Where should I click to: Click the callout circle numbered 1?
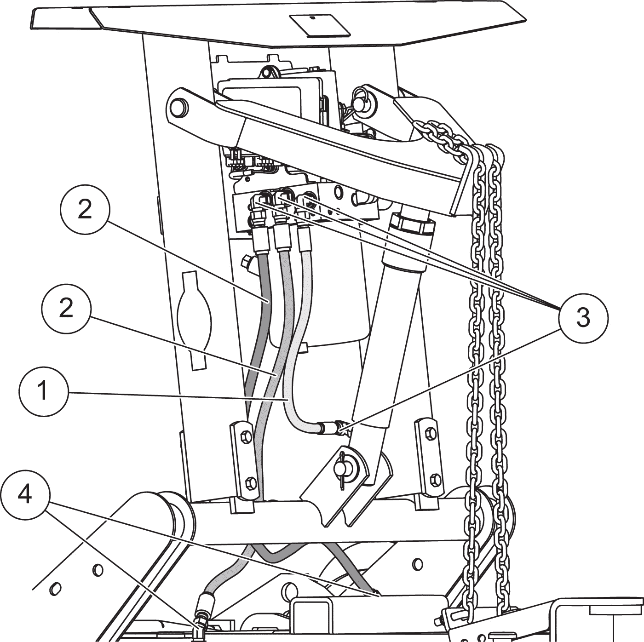pyautogui.click(x=44, y=391)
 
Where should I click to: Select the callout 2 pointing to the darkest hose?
pyautogui.click(x=85, y=210)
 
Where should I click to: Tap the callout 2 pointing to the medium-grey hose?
pyautogui.click(x=66, y=308)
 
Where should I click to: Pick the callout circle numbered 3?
pyautogui.click(x=584, y=318)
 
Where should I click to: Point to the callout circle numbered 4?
pyautogui.click(x=25, y=494)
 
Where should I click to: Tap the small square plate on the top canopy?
pyautogui.click(x=320, y=25)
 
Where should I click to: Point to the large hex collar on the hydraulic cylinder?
pyautogui.click(x=414, y=223)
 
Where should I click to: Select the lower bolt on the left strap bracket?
pyautogui.click(x=251, y=483)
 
